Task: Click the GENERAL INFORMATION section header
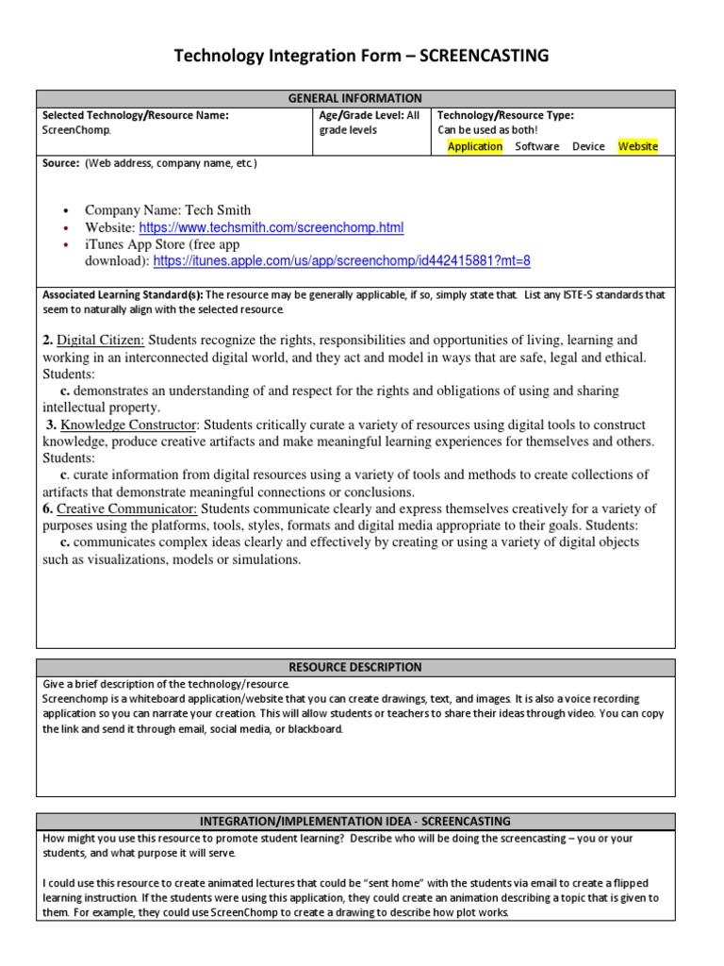pyautogui.click(x=356, y=98)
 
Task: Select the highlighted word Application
pyautogui.click(x=475, y=146)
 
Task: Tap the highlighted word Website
pyautogui.click(x=638, y=146)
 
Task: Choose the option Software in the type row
pyautogui.click(x=537, y=146)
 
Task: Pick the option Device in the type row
pyautogui.click(x=588, y=146)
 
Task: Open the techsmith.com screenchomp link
pyautogui.click(x=271, y=227)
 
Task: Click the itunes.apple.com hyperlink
pyautogui.click(x=342, y=260)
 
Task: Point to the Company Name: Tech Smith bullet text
pyautogui.click(x=168, y=210)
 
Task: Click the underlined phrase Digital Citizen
pyautogui.click(x=101, y=340)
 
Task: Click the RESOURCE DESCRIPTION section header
pyautogui.click(x=356, y=667)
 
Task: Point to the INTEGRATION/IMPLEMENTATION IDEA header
pyautogui.click(x=356, y=822)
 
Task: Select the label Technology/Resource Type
pyautogui.click(x=506, y=115)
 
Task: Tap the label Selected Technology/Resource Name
pyautogui.click(x=136, y=115)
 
